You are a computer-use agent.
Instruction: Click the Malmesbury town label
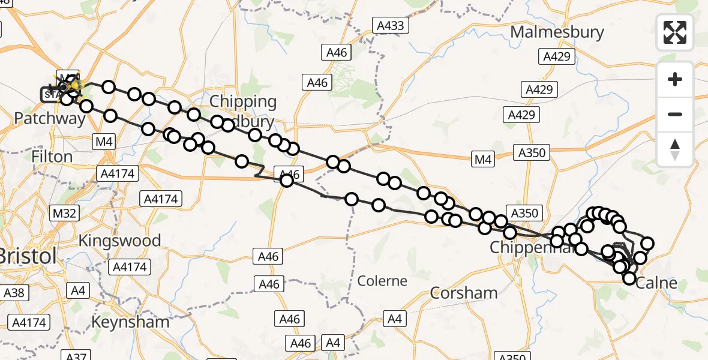coord(557,32)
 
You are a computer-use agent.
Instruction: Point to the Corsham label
coord(464,293)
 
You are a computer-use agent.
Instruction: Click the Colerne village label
coord(382,280)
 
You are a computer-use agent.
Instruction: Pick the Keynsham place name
coord(130,322)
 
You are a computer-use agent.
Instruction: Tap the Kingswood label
coord(121,241)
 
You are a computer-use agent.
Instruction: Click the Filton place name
coord(52,157)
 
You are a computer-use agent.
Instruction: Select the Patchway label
coord(50,118)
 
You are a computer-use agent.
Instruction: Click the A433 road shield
coord(391,25)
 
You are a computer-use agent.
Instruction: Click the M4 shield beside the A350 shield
coord(482,160)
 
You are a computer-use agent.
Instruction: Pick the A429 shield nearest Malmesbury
coord(557,56)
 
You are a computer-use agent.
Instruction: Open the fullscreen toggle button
coord(675,32)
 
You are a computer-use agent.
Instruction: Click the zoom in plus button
coord(675,79)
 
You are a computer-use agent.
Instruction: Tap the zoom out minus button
coord(675,114)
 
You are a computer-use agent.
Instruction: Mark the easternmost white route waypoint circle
coord(647,243)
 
